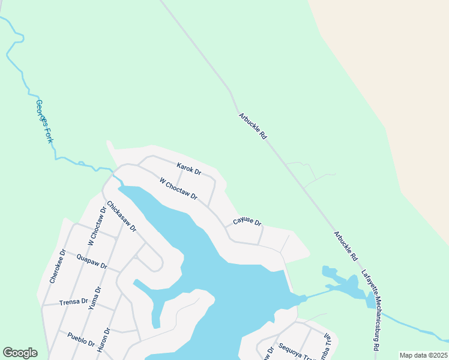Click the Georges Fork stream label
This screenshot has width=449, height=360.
45,122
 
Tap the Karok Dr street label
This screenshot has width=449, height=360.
188,169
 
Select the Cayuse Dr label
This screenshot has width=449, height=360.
247,223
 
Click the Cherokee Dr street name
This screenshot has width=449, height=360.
58,266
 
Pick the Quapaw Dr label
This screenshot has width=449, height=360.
92,262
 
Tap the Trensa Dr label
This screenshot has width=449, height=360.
74,301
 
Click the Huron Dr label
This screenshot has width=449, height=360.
107,339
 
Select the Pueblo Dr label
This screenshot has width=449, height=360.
81,340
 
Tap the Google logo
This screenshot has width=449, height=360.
20,353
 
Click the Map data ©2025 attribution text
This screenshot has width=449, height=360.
423,355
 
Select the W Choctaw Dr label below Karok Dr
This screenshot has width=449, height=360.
178,188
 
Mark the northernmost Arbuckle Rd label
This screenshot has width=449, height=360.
252,126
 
